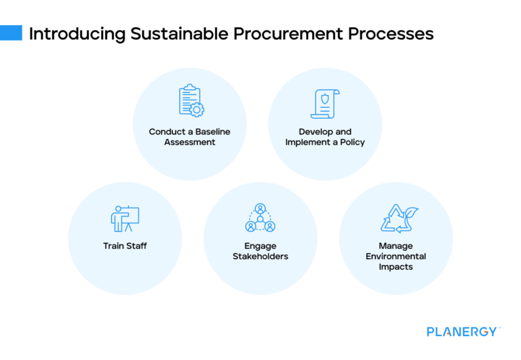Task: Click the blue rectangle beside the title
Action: (x=11, y=33)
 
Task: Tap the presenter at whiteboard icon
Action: (x=124, y=218)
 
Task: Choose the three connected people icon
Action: (x=260, y=218)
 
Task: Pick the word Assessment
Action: (x=189, y=142)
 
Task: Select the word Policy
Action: (x=352, y=142)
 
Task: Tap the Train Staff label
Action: (x=125, y=245)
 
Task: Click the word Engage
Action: (x=260, y=245)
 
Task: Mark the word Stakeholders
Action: (x=260, y=256)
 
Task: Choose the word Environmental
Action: (x=395, y=256)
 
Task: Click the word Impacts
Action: (x=395, y=267)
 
